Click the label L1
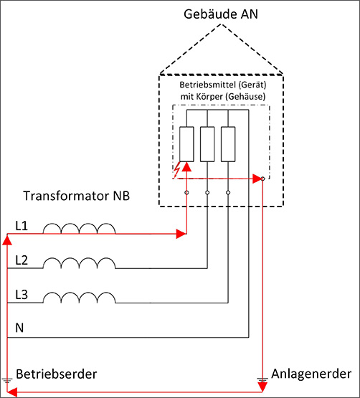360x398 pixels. tap(22, 226)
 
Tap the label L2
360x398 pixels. tap(22, 260)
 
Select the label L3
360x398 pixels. tap(22, 295)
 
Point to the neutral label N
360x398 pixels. tap(19, 328)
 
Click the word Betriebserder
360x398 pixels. tap(57, 374)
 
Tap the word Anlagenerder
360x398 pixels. tap(311, 374)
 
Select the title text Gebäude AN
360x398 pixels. tap(221, 14)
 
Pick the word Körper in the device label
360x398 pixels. tap(208, 97)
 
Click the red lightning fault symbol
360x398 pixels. tap(176, 169)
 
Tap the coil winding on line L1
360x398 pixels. tap(79, 228)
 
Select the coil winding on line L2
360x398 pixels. tap(79, 262)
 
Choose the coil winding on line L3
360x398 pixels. tap(79, 297)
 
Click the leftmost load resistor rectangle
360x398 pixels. tap(186, 144)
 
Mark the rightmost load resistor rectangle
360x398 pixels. tap(228, 144)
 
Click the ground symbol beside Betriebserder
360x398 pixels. tap(7, 381)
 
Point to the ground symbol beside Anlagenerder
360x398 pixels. tap(262, 380)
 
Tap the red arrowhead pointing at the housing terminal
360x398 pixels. tap(257, 179)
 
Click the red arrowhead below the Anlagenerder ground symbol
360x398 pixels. tap(262, 387)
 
